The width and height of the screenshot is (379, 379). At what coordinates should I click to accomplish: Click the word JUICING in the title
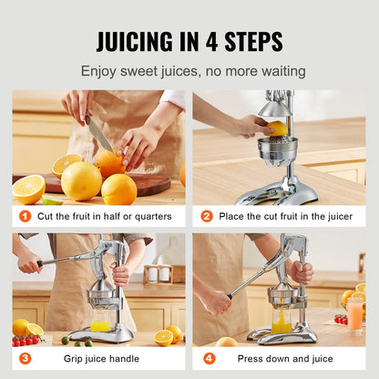135,41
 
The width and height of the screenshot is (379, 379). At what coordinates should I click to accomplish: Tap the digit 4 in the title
211,41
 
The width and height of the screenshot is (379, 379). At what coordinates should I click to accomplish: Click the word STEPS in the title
253,41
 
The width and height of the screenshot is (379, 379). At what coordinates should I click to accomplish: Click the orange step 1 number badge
25,216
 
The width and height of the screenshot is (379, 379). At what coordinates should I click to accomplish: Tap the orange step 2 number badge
207,216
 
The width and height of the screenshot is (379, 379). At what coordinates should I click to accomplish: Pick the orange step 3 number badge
25,358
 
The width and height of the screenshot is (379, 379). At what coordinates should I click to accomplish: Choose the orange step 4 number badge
210,358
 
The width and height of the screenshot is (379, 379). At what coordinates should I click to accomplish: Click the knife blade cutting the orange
99,134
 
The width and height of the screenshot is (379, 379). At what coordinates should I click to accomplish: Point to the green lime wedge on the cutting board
52,200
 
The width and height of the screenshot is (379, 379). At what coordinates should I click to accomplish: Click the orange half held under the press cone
277,128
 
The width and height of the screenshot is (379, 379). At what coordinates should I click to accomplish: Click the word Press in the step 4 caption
249,359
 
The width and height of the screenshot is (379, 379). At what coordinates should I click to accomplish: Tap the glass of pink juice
355,316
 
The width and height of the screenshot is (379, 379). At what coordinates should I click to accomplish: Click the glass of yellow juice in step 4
282,323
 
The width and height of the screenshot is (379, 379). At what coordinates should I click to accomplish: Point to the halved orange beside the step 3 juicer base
163,338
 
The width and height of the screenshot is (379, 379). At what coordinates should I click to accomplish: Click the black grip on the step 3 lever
40,263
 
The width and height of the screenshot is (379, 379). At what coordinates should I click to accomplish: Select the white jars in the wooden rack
159,273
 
